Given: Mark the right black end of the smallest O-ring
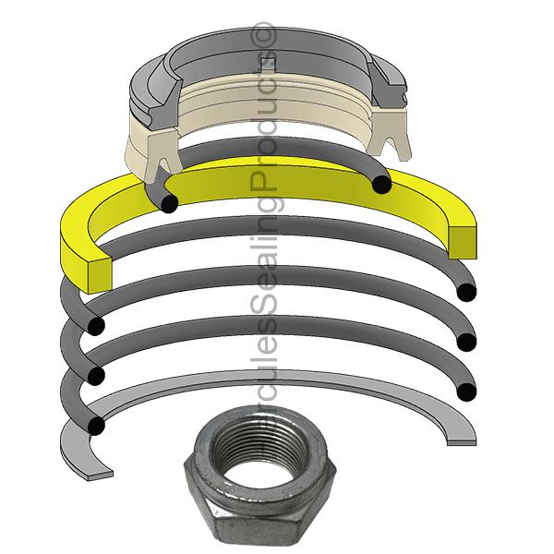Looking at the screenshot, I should coord(380,187).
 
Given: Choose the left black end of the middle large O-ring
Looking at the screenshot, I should coord(92,375).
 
